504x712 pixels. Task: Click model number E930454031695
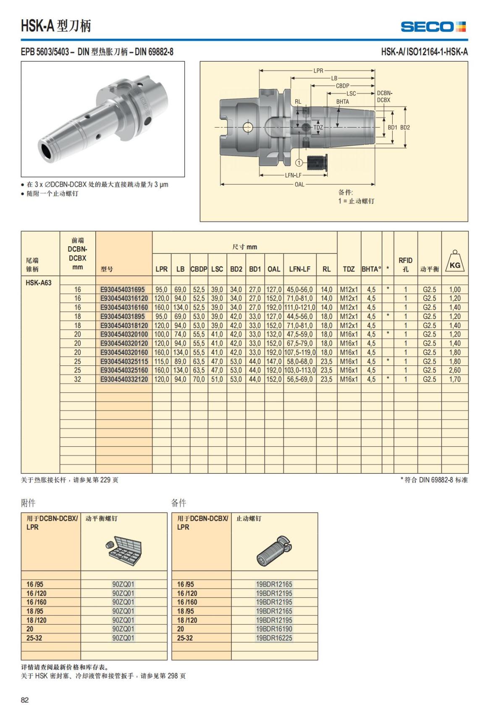coord(122,289)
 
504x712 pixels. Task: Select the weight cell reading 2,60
coord(454,370)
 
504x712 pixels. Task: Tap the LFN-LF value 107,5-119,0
coord(299,352)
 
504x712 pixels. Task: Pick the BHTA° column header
coord(371,269)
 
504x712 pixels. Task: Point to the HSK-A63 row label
coord(38,282)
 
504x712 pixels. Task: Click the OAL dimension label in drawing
coord(299,184)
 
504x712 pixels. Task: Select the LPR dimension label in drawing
coord(318,70)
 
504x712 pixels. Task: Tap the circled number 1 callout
coord(299,162)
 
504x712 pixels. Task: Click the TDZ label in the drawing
coord(318,127)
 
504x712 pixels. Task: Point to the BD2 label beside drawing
coord(405,127)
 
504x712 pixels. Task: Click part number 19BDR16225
coord(274,638)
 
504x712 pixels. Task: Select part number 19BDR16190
coord(274,629)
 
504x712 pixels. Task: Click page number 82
coord(25,700)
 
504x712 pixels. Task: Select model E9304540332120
coord(124,379)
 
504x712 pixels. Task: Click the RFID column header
coord(405,264)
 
